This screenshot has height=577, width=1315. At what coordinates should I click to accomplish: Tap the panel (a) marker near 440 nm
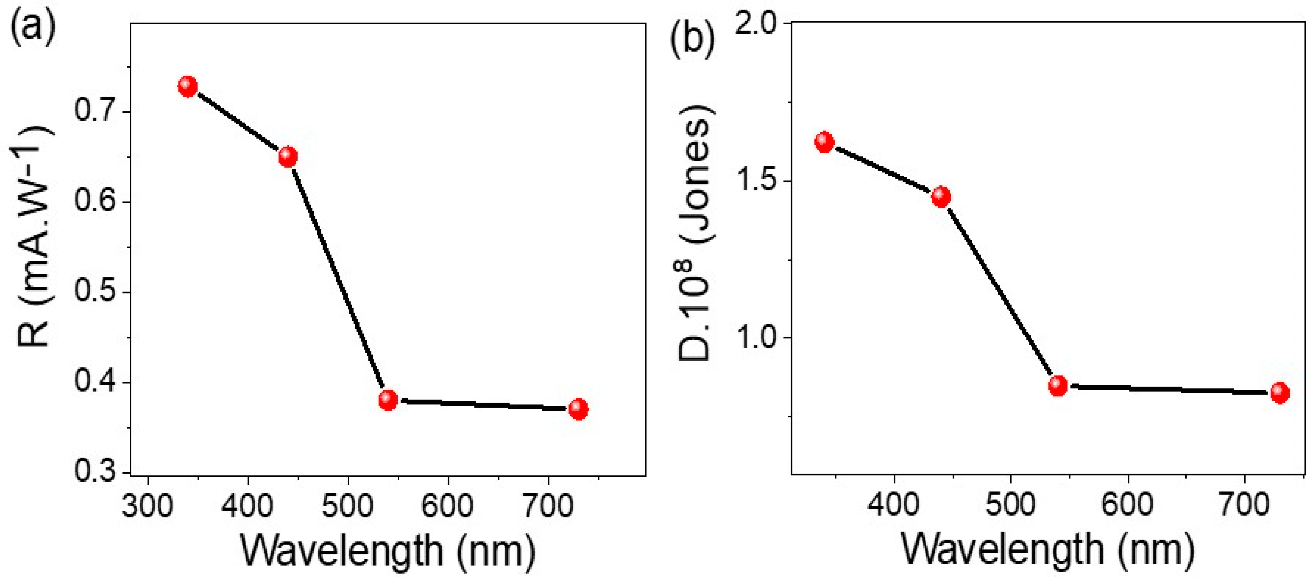point(288,156)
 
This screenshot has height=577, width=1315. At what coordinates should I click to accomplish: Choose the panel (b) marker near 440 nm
point(941,196)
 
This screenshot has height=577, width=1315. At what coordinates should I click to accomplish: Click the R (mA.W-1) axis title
point(34,237)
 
